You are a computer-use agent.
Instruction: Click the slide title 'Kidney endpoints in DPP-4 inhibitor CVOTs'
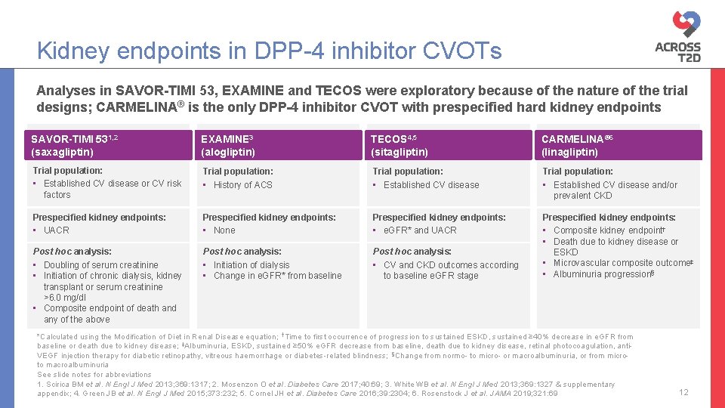click(269, 51)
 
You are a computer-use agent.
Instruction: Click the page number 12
click(683, 392)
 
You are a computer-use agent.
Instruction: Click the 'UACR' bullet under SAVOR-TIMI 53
click(56, 230)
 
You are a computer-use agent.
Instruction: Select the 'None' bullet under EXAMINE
click(224, 230)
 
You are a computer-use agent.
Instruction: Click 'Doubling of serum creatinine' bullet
click(100, 265)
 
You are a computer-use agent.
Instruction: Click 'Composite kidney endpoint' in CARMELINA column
click(608, 230)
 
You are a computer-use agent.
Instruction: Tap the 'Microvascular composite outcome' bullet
click(622, 263)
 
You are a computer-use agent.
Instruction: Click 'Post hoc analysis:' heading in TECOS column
click(412, 252)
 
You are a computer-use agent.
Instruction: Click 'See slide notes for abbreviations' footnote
click(94, 375)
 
